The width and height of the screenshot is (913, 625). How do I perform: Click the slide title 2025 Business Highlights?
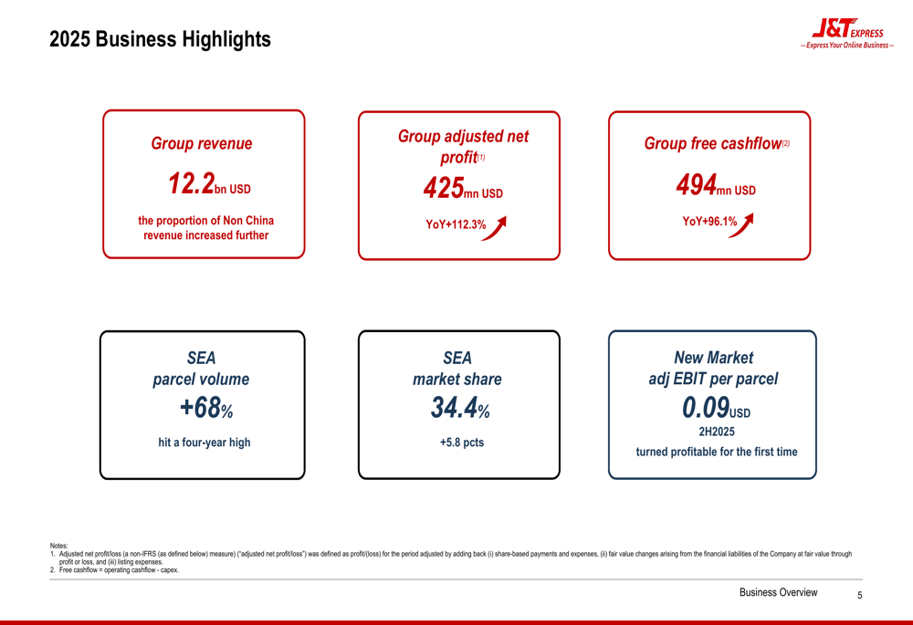point(160,40)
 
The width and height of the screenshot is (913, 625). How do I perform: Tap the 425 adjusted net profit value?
point(443,189)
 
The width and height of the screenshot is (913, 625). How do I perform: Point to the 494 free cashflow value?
point(696,186)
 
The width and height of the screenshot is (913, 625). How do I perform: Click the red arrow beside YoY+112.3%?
point(494,227)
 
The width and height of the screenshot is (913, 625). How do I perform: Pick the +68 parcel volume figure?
point(201,408)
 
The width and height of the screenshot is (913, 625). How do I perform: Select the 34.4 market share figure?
point(455,409)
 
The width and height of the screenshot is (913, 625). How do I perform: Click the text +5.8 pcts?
point(462,443)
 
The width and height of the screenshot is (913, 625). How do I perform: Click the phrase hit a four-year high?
point(204,443)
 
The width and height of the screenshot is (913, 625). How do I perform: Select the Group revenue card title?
point(202,144)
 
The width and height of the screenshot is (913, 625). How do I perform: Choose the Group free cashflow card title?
point(713,144)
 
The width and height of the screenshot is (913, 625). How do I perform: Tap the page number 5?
point(859,595)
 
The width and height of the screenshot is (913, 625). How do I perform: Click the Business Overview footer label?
point(778,593)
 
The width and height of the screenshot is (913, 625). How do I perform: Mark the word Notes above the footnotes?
point(58,546)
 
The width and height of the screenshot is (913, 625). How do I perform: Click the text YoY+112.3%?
point(456,224)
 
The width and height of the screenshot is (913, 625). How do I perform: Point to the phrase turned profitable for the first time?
point(717,452)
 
